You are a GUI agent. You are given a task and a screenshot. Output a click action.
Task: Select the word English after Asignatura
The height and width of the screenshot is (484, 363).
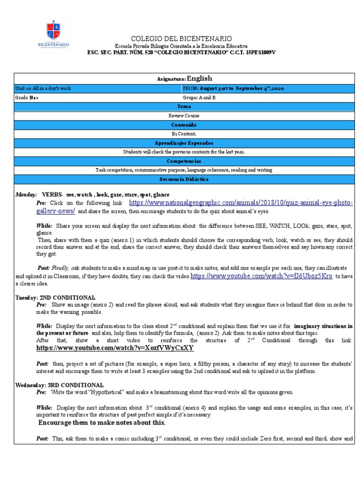click(x=199, y=78)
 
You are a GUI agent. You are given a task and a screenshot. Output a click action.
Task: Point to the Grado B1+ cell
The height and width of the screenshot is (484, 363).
click(x=27, y=98)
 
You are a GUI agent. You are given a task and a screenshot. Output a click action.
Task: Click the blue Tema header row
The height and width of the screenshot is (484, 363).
click(x=184, y=107)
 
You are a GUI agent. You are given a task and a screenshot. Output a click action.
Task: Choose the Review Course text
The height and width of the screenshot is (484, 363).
click(x=184, y=116)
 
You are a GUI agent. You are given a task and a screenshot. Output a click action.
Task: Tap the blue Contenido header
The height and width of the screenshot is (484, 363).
click(x=184, y=125)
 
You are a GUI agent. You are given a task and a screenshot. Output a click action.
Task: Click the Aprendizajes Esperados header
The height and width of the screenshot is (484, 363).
click(x=184, y=143)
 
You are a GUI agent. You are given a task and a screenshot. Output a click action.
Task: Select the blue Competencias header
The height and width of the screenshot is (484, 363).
click(x=184, y=161)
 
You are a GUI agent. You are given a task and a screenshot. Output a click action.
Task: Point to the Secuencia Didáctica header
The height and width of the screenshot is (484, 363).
click(x=184, y=179)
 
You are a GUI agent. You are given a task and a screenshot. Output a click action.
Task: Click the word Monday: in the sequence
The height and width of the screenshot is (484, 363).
click(x=26, y=195)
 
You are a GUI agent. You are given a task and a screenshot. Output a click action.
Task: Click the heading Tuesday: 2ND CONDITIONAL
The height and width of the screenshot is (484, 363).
click(x=55, y=297)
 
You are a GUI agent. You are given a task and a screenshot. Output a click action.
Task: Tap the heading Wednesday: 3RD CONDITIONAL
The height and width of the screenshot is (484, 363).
click(x=60, y=385)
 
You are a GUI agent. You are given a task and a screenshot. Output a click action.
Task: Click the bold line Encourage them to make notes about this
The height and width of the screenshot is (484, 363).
click(x=102, y=423)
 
